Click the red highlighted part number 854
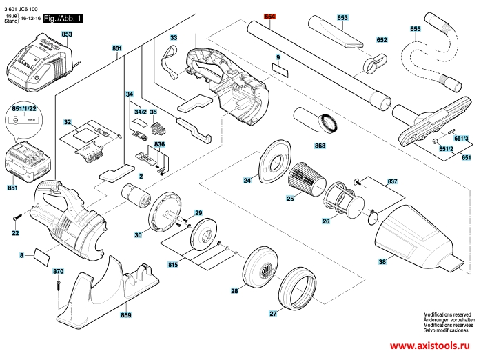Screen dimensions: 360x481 269,17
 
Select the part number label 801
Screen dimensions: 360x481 116,49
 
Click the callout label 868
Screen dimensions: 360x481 320,146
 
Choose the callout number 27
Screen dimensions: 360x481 274,314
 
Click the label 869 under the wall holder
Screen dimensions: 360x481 125,315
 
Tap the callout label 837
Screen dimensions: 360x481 392,181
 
